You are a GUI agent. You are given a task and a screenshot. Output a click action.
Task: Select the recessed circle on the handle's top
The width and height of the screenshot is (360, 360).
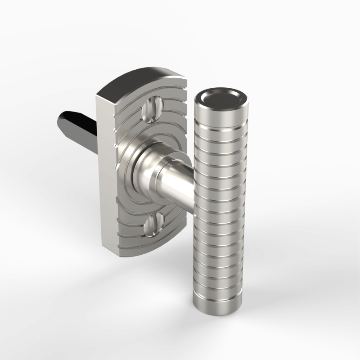[x=221, y=97]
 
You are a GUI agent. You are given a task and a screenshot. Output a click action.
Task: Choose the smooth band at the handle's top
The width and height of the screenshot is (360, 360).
[x=220, y=112]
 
